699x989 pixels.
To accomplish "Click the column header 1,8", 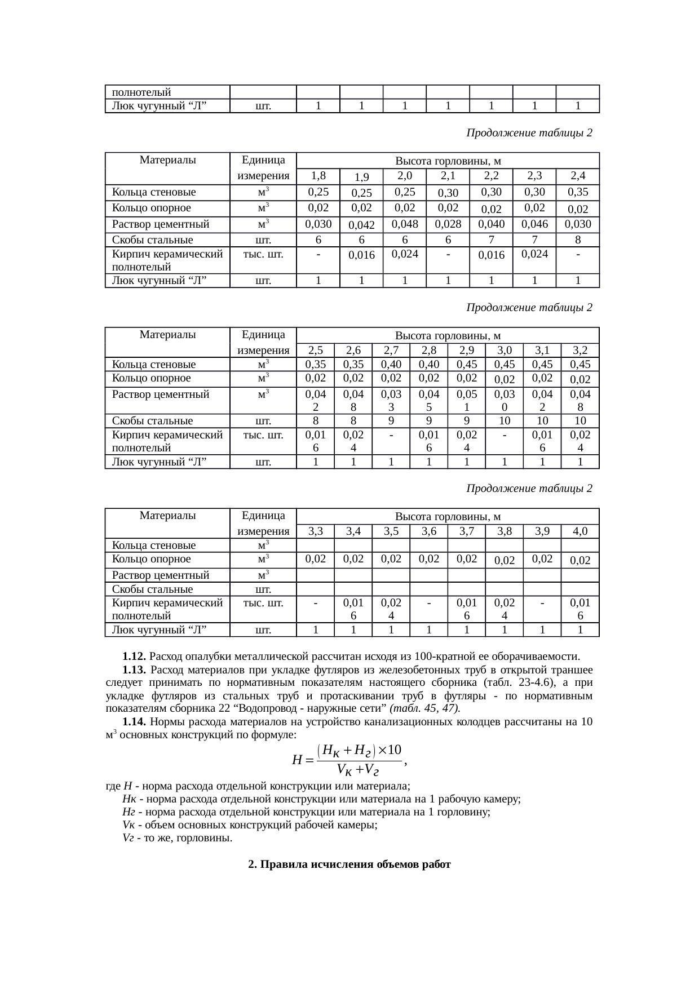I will pos(318,175).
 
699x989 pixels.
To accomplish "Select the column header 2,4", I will pos(577,175).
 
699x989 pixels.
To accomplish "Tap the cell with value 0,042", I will pos(361,225).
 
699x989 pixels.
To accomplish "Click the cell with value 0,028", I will pos(448,224).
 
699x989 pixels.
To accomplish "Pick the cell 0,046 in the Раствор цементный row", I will pos(534,224).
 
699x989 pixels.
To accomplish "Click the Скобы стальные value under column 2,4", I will pos(577,240).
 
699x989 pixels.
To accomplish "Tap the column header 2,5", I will pos(316,350).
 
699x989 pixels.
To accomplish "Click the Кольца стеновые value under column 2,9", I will pos(466,364).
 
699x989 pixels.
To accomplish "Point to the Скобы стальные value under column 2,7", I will pos(391,420).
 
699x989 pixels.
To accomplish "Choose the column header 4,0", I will pos(579,531).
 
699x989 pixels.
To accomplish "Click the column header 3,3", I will pos(316,531).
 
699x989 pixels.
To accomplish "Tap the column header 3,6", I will pos(428,531).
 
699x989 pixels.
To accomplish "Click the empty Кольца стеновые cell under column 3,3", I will pos(316,545).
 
